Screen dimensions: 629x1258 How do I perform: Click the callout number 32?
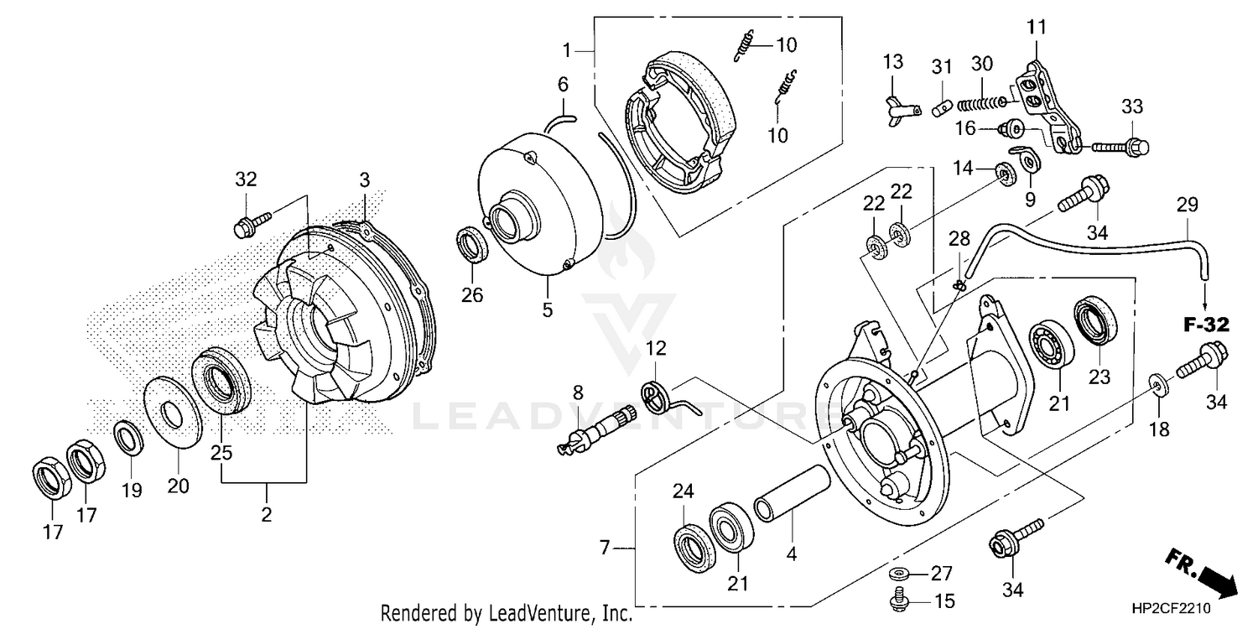pyautogui.click(x=246, y=179)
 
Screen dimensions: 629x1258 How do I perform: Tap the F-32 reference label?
pyautogui.click(x=1206, y=325)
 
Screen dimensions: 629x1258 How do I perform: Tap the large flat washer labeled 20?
pyautogui.click(x=173, y=412)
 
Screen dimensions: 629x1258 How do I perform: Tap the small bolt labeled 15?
pyautogui.click(x=897, y=601)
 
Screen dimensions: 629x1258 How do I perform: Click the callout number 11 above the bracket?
pyautogui.click(x=1037, y=27)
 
